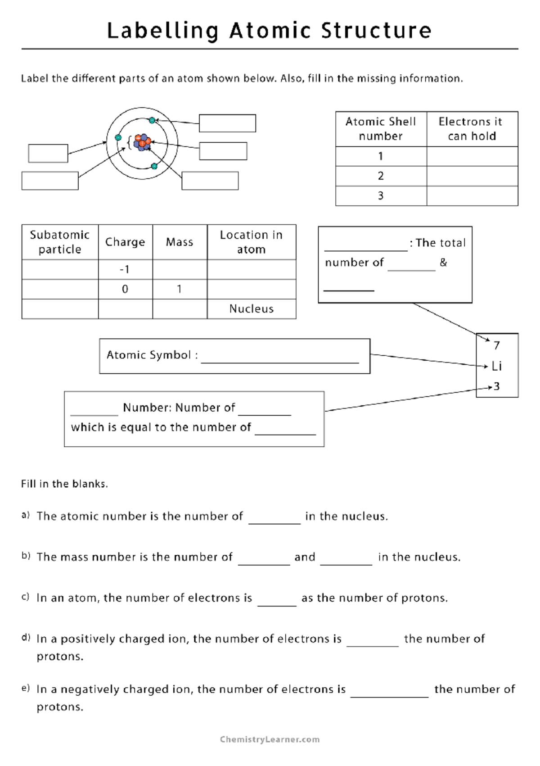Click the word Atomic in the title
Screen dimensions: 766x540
click(270, 31)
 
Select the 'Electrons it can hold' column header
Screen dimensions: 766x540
click(472, 129)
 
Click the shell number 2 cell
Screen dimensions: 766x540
click(381, 176)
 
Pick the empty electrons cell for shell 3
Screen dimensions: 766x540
click(472, 196)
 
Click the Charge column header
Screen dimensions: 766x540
click(125, 242)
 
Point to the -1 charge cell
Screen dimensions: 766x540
click(125, 269)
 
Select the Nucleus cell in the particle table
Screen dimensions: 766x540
click(251, 309)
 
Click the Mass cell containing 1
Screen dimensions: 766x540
click(179, 289)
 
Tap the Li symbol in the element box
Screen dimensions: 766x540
click(497, 366)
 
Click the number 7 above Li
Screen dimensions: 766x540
click(497, 345)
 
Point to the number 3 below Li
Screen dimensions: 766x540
click(497, 386)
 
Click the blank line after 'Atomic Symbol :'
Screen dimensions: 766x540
click(279, 357)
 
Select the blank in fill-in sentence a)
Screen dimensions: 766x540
click(274, 518)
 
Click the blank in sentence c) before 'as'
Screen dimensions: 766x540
click(277, 600)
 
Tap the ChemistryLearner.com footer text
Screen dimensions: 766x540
click(270, 739)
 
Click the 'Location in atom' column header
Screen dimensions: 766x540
click(251, 242)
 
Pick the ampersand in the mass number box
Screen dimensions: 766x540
click(444, 263)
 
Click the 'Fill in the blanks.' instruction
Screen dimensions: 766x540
click(64, 484)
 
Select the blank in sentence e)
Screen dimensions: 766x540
click(389, 692)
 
